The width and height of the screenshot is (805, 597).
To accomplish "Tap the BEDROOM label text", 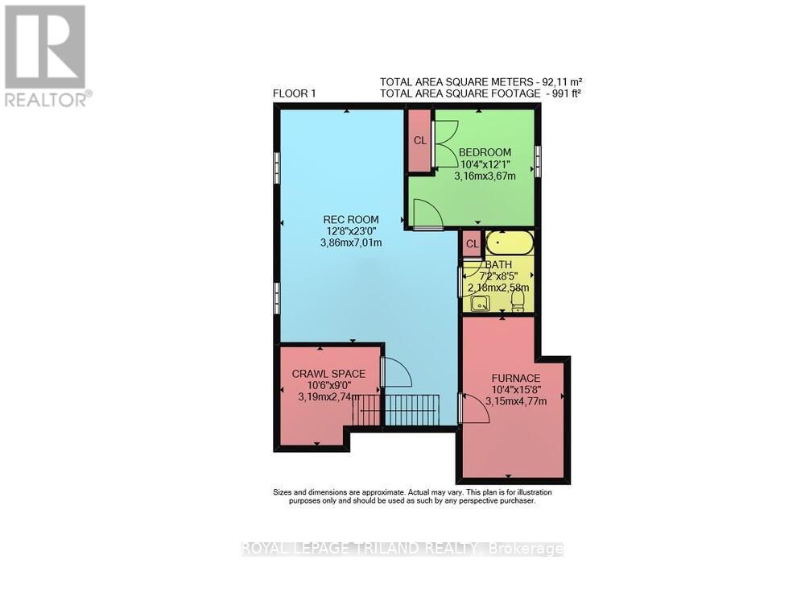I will click(485, 152).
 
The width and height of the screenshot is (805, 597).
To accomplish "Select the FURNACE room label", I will click(516, 378).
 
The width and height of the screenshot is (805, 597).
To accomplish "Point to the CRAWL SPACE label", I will click(328, 374).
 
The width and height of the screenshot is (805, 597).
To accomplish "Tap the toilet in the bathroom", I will click(518, 301).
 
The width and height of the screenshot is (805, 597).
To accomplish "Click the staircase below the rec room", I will click(411, 409).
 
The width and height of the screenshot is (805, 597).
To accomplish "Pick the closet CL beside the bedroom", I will click(419, 140).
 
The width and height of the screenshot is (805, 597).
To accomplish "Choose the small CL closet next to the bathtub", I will click(472, 244).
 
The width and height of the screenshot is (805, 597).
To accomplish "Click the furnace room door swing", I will click(475, 408).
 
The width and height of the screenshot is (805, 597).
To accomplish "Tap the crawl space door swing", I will click(395, 373).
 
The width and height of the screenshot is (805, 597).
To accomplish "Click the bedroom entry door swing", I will click(427, 214).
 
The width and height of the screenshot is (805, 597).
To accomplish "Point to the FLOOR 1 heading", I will click(295, 93).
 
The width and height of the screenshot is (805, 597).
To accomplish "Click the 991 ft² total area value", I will click(560, 93).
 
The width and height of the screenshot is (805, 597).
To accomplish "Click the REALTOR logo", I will click(45, 56).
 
